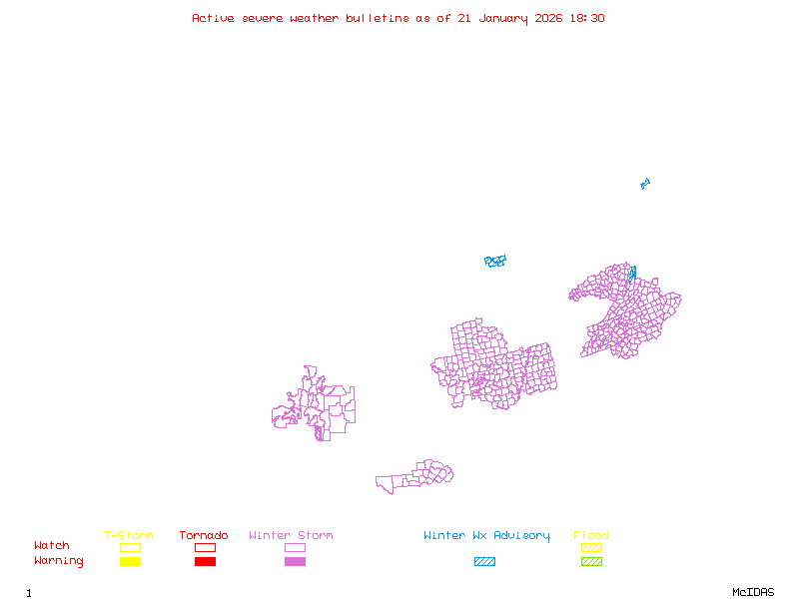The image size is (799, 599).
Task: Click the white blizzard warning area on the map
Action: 479,266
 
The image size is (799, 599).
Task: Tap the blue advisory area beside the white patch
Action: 495,262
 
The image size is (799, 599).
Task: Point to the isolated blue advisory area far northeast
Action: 645,184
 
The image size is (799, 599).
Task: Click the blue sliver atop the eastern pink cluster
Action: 632,272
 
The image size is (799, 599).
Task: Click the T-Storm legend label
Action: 129,536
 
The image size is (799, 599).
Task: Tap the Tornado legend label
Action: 204,536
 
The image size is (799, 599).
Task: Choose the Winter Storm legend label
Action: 291,536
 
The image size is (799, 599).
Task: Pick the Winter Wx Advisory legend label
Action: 486,536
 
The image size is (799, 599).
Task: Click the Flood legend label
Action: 591,536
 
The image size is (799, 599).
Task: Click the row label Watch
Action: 52,546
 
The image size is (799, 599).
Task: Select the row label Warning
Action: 58,561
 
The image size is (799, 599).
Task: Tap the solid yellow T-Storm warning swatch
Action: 130,562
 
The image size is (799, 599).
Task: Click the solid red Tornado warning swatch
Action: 205,562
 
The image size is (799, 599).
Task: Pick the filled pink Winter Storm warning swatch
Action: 295,562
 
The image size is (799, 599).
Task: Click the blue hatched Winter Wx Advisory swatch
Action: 484,562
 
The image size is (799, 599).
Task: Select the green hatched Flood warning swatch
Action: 591,562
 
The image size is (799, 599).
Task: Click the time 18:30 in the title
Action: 586,18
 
